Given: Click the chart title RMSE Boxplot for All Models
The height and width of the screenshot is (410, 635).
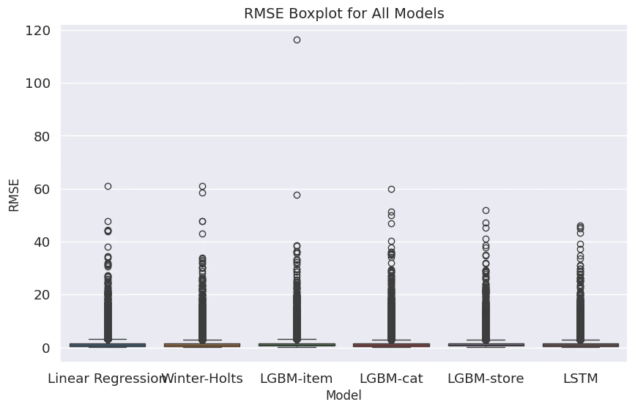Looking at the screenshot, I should (344, 13).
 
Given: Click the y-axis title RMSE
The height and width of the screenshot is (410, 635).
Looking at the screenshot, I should (14, 195).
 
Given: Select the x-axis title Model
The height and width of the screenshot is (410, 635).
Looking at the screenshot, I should (344, 395).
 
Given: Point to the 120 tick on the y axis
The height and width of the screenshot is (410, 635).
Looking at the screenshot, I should (37, 31).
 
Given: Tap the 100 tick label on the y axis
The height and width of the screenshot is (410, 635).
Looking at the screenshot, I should (37, 83).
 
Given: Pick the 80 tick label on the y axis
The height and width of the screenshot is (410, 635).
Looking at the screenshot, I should (40, 136).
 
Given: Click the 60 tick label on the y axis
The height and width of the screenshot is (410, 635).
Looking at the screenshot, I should (40, 189).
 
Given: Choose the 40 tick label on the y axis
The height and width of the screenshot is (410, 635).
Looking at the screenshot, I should (40, 242).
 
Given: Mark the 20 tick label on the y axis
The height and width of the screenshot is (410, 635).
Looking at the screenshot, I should (40, 295).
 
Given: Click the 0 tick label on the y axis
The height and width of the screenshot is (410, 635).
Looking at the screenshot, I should (45, 348).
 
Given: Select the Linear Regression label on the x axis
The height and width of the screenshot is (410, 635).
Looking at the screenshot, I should (107, 379).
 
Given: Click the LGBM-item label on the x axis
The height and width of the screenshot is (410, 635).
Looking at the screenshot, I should (297, 379).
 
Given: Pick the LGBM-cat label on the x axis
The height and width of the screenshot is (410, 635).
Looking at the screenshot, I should (391, 379).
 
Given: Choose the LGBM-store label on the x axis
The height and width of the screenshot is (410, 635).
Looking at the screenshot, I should (486, 379).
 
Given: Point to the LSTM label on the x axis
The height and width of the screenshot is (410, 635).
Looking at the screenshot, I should (580, 379).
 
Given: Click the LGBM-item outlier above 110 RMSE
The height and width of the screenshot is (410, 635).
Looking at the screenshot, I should (297, 40).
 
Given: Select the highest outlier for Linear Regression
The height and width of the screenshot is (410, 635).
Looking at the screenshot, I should (108, 186).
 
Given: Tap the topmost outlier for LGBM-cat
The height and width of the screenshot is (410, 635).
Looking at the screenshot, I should (391, 189).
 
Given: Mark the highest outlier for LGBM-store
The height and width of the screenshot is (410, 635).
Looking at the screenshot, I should (486, 210).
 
